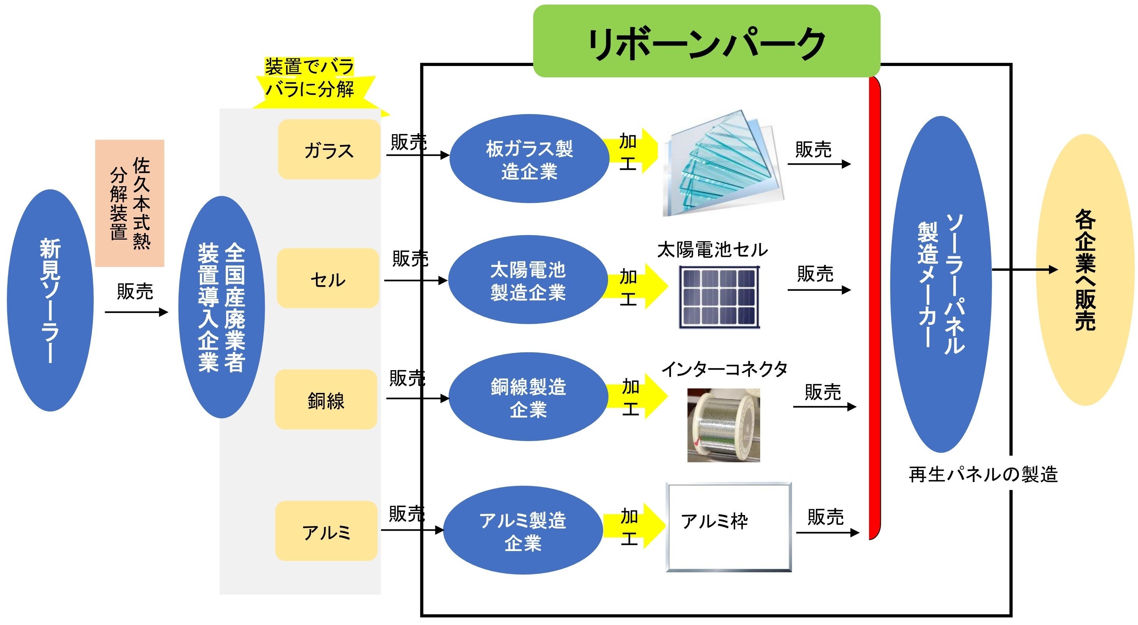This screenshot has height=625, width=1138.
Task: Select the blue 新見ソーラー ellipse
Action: point(50,300)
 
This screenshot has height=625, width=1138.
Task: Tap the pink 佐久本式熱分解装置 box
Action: point(129,203)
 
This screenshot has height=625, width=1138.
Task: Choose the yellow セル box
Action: point(328,278)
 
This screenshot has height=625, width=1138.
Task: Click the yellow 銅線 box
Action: point(326,400)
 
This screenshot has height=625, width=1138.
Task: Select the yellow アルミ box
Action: point(326,531)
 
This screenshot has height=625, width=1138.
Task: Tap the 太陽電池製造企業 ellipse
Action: point(528,280)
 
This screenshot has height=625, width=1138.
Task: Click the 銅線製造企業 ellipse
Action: point(528,397)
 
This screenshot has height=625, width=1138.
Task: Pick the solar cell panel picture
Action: point(719,297)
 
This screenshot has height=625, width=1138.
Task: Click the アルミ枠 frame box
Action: point(728,527)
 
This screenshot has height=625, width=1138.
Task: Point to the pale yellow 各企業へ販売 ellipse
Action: point(1085,269)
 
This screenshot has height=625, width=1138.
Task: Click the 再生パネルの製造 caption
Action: point(983,474)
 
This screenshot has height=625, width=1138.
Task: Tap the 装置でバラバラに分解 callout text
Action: point(309,78)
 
